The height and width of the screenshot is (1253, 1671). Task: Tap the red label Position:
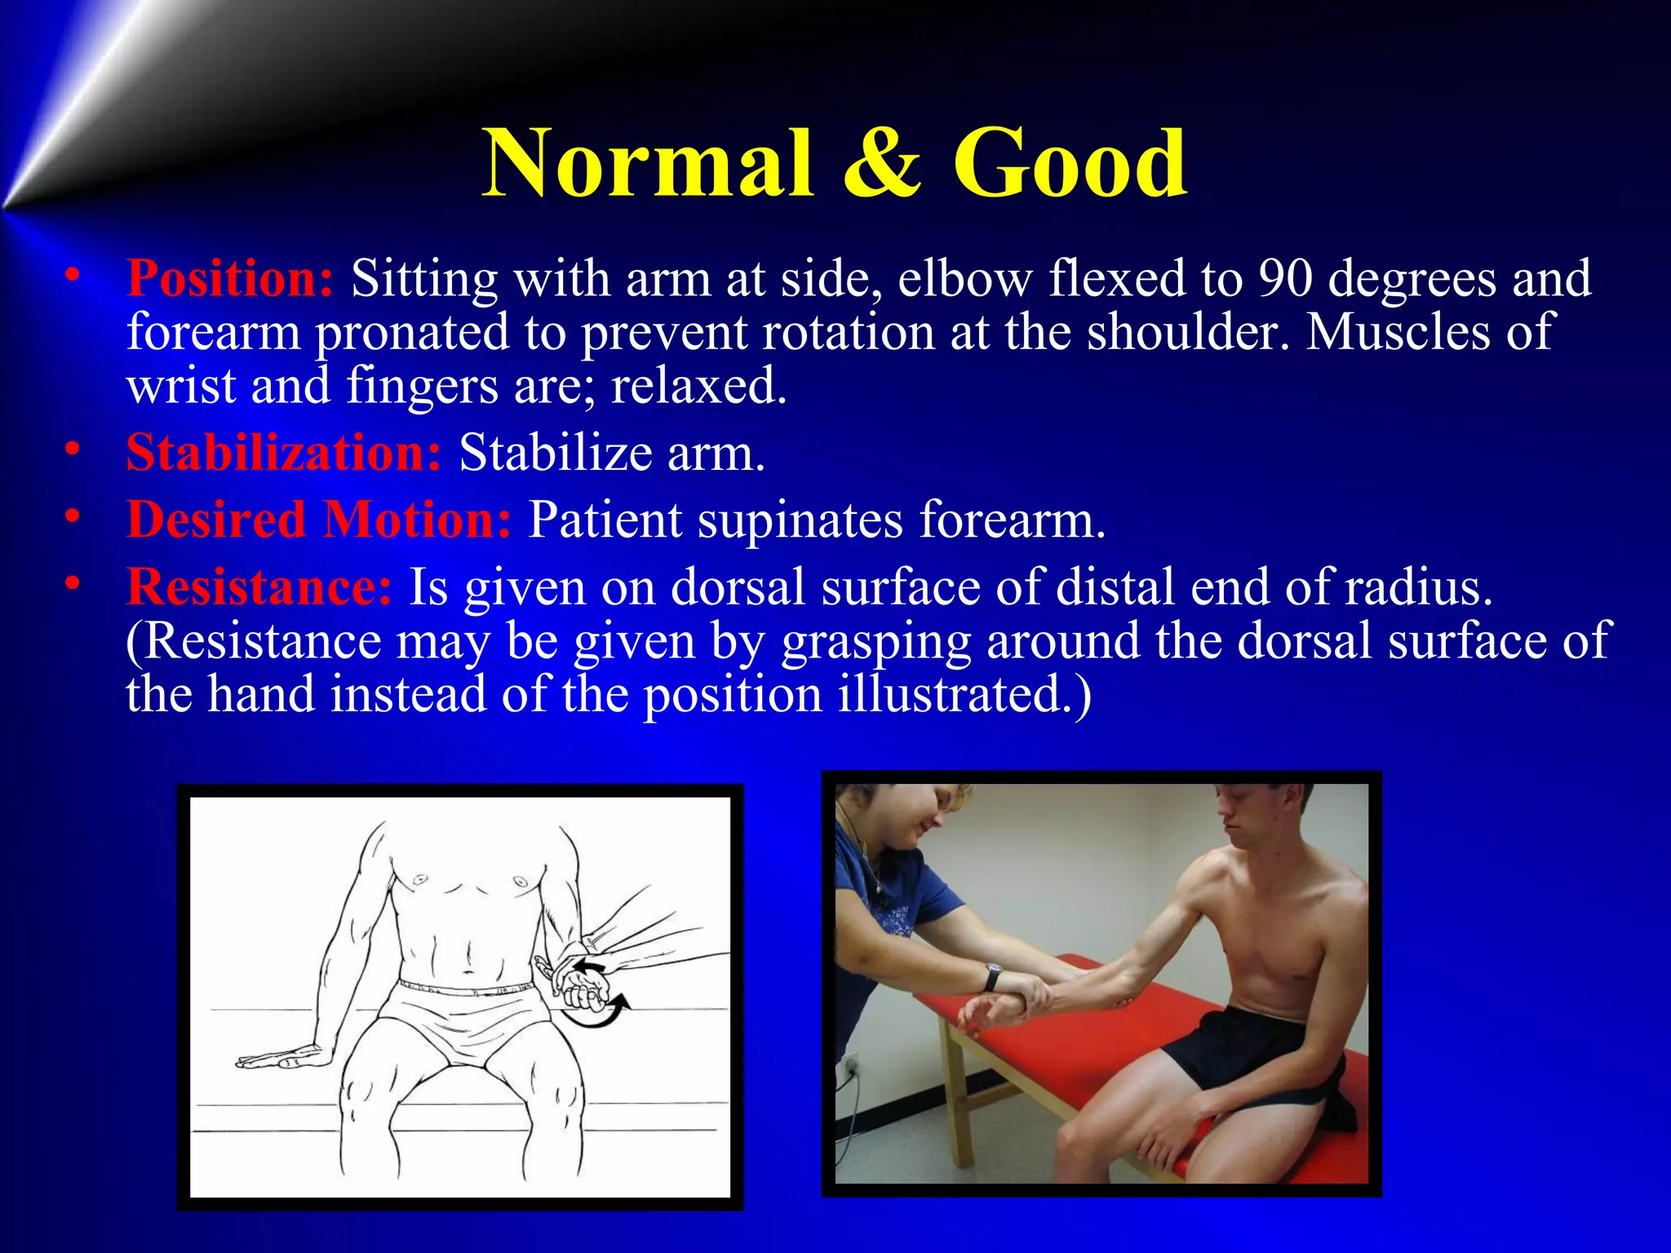coord(230,279)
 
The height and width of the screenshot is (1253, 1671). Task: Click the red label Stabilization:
coord(284,453)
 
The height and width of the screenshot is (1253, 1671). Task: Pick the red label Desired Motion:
coord(319,520)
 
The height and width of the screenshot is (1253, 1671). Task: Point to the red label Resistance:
coord(259,587)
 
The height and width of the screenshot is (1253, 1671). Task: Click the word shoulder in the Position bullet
coord(1187,333)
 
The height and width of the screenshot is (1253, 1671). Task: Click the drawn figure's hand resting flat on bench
coord(277,1059)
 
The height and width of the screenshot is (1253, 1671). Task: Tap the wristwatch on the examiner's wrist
coord(992,976)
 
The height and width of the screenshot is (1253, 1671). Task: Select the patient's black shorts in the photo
coord(1248,1052)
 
